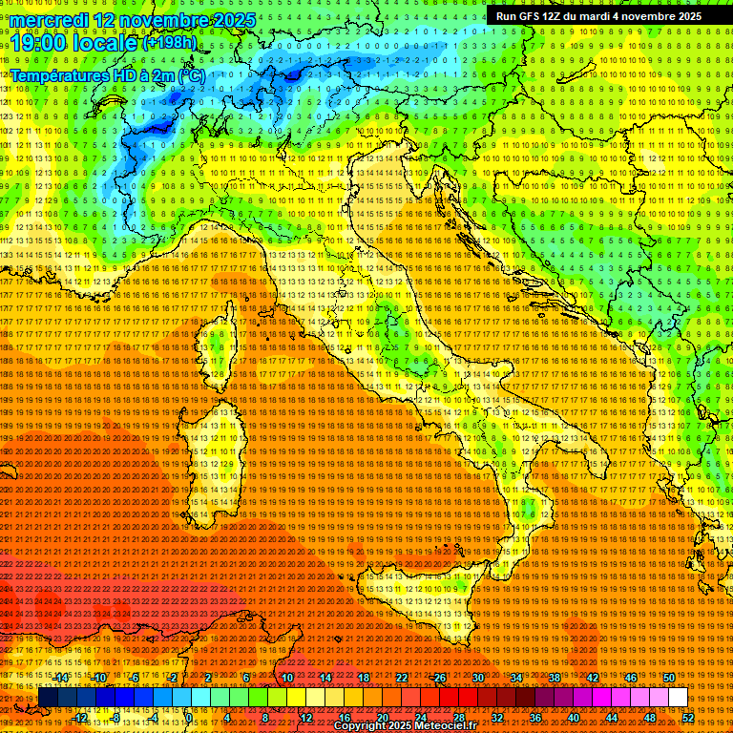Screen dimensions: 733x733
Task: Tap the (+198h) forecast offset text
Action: click(x=170, y=43)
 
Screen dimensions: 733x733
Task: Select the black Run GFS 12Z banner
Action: click(x=598, y=16)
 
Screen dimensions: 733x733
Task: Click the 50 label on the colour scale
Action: click(x=669, y=678)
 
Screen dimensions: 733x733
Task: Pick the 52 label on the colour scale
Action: click(x=688, y=718)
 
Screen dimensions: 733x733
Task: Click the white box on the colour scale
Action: click(x=678, y=698)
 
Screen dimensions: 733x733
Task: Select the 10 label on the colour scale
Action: click(x=287, y=678)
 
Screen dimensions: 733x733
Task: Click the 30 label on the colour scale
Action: click(x=478, y=678)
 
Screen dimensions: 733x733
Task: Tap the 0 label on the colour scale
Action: click(x=189, y=718)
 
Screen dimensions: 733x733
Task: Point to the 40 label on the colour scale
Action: click(x=574, y=718)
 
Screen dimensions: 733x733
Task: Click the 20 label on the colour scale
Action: click(x=383, y=718)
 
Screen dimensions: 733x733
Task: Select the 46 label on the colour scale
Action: click(x=631, y=678)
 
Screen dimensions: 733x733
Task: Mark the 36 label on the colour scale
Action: click(x=535, y=718)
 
